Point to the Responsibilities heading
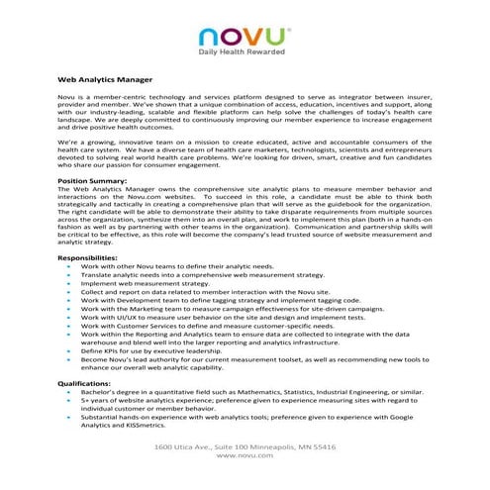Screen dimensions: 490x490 click(91, 257)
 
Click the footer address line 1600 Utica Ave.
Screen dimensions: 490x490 click(244, 447)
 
